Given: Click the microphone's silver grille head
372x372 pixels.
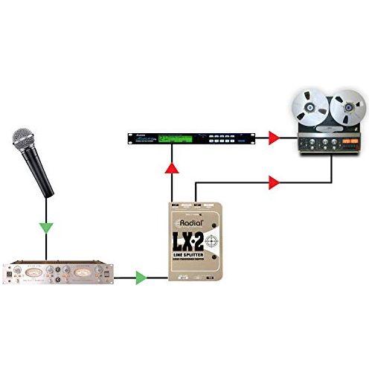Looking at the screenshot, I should pyautogui.click(x=23, y=141).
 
